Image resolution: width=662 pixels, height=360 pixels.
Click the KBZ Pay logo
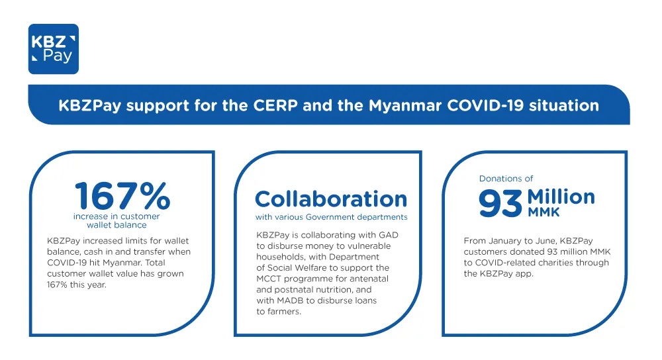pyautogui.click(x=54, y=49)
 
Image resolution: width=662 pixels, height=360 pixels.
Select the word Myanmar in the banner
pyautogui.click(x=405, y=105)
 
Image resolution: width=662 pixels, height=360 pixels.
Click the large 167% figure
pyautogui.click(x=122, y=196)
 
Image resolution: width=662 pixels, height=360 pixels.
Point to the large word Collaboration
pyautogui.click(x=331, y=199)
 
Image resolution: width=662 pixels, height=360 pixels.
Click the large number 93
pyautogui.click(x=500, y=203)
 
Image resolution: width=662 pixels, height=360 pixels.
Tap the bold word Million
pyautogui.click(x=561, y=197)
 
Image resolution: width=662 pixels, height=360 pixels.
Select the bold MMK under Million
pyautogui.click(x=544, y=212)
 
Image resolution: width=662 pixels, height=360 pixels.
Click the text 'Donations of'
pyautogui.click(x=506, y=179)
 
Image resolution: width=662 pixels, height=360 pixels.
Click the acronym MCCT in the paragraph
pyautogui.click(x=269, y=279)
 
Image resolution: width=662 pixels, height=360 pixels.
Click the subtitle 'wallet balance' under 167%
pyautogui.click(x=117, y=225)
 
